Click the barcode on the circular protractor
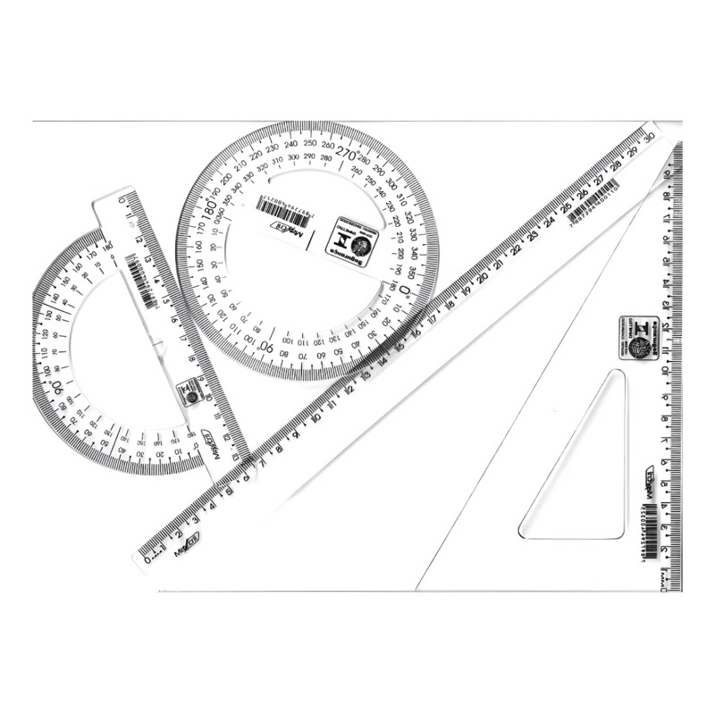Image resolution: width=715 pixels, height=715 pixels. [283, 209]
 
